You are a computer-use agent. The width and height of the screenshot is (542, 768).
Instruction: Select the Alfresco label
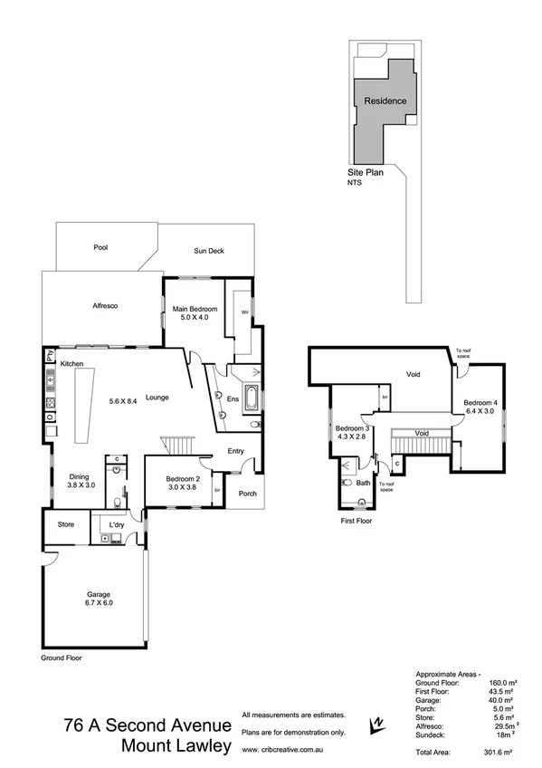coord(107,306)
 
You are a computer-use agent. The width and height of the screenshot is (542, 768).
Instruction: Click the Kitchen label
coord(71,363)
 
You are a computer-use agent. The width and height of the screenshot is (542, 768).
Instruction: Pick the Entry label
coord(236,450)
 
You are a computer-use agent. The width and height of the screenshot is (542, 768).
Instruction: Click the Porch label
coord(247,494)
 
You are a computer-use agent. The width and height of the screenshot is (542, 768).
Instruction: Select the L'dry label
coord(118,524)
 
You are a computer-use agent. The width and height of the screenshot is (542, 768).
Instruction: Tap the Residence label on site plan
coord(385,101)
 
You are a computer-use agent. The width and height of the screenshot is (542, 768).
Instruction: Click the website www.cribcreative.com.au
coord(281,751)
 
